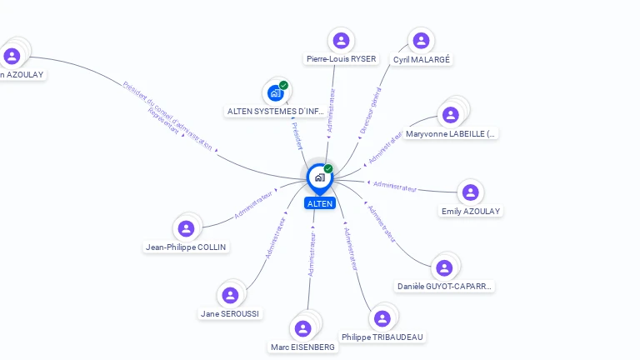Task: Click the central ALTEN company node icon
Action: pos(319,177)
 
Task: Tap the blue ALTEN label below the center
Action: pos(319,203)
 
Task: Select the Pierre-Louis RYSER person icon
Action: pos(340,40)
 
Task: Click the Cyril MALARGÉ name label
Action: pos(422,60)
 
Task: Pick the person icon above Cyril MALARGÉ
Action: pos(421,40)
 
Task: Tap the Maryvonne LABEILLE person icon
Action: pos(451,114)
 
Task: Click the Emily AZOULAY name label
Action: pos(471,212)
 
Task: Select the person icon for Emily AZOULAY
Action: pos(471,192)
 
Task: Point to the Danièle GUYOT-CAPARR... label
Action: pos(445,287)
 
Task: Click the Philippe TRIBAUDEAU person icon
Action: pos(382,318)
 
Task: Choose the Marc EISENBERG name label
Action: pos(302,347)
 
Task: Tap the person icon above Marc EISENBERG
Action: pos(303,328)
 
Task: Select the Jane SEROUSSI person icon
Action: pos(230,295)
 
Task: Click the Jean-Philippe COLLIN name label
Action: pos(186,247)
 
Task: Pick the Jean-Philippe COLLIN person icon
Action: pos(186,228)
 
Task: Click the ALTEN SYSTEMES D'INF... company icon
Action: pos(276,92)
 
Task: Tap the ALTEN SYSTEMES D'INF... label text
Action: pos(276,112)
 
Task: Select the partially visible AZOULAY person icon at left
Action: pos(12,56)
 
